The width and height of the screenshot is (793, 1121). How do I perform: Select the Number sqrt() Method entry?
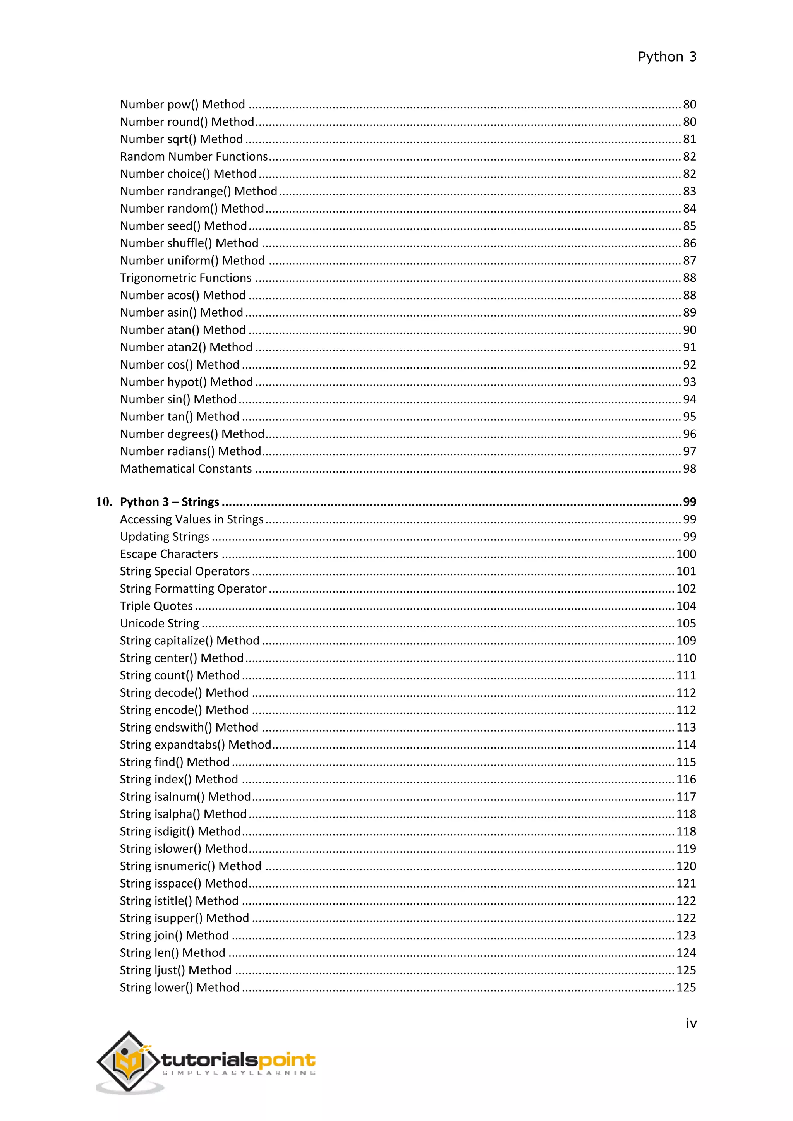(181, 139)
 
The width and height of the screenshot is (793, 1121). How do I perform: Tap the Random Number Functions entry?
(194, 157)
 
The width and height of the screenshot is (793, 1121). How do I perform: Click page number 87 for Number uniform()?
(689, 261)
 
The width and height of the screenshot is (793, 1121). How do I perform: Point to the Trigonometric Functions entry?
(185, 278)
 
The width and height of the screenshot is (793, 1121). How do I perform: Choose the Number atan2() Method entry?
(186, 347)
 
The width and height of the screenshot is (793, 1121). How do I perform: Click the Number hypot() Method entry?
(187, 382)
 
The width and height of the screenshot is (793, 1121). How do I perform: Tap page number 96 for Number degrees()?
(689, 434)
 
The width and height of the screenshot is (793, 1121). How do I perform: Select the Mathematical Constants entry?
(185, 469)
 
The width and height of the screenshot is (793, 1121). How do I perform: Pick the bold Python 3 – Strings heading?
(170, 502)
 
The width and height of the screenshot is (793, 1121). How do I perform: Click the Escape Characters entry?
(169, 554)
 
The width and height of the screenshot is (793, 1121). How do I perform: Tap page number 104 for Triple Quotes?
(686, 606)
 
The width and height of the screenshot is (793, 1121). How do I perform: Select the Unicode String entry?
(159, 624)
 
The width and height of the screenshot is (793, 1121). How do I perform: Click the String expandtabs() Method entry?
(195, 745)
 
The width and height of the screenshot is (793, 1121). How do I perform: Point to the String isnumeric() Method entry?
(191, 866)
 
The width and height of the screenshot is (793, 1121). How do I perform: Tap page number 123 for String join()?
(686, 936)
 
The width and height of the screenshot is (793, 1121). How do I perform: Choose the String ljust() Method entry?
(175, 970)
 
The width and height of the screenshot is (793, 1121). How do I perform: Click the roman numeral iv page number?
(690, 1023)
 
